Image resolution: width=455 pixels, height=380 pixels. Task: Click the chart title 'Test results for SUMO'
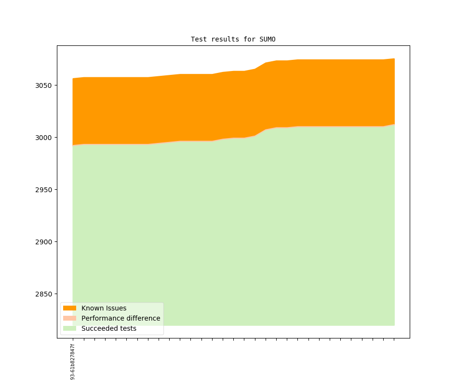(x=233, y=39)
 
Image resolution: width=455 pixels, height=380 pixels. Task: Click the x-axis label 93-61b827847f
(x=73, y=362)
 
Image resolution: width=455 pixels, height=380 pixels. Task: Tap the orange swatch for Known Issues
(x=69, y=308)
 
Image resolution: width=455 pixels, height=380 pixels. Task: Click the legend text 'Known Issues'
(x=104, y=308)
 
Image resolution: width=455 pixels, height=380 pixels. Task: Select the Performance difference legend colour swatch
(x=69, y=318)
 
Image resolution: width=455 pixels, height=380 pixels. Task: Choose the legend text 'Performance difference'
(x=120, y=318)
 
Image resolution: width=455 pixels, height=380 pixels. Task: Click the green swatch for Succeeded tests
(x=69, y=328)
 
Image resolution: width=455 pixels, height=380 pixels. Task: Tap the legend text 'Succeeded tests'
(x=108, y=328)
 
